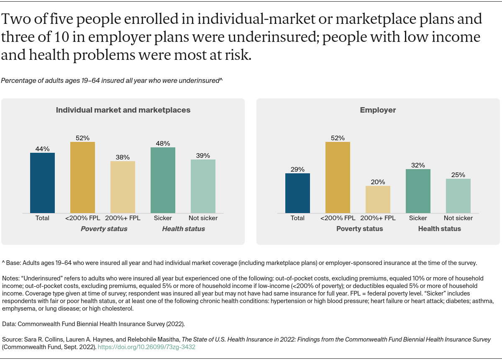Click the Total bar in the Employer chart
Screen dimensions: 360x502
coord(297,193)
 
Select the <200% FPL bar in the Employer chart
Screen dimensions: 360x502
coord(338,177)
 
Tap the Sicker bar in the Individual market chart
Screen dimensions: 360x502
coord(163,180)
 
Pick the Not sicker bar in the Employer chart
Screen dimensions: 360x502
coord(458,196)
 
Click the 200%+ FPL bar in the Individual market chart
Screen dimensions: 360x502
coord(123,187)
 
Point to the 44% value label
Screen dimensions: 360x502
coord(42,149)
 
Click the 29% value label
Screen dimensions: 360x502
coord(297,169)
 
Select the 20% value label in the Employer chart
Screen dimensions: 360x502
coord(378,182)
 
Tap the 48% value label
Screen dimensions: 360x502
coord(163,143)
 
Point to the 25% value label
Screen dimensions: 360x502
coord(458,175)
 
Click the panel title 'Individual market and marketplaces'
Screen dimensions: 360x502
coord(123,110)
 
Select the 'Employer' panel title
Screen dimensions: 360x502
coord(378,110)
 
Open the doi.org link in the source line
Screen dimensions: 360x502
coord(146,347)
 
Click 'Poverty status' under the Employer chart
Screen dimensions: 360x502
coord(359,229)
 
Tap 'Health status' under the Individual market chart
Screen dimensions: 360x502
coord(183,229)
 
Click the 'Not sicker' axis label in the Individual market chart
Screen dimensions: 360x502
coord(203,218)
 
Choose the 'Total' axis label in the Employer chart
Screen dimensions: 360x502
coord(297,218)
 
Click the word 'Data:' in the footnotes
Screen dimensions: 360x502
coord(9,324)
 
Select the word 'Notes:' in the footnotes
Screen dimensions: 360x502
coord(10,278)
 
